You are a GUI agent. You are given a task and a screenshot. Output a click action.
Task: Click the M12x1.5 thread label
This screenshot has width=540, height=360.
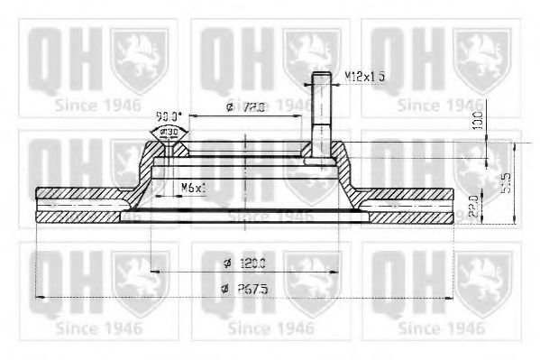[366, 77]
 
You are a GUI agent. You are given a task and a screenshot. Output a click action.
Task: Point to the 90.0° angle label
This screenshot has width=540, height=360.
[168, 116]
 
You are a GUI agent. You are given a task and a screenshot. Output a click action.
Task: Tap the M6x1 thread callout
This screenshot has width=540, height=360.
[193, 187]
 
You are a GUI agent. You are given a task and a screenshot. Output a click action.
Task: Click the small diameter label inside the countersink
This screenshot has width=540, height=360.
[169, 133]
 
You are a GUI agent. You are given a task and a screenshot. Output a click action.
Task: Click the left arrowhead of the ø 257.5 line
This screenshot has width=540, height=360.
[37, 297]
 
